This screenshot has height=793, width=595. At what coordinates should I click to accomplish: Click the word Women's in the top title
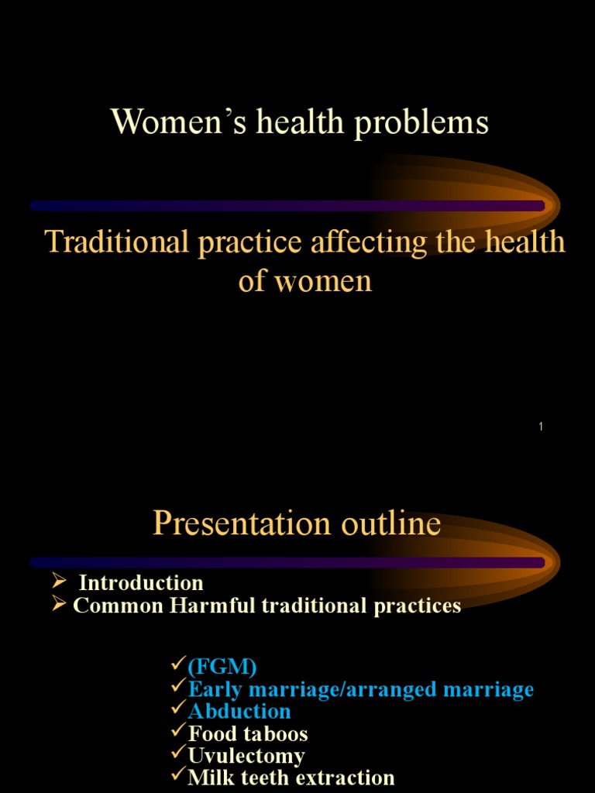(160, 122)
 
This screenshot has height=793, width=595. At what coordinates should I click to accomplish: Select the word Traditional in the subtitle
(117, 242)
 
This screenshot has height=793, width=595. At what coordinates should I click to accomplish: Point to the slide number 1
(541, 427)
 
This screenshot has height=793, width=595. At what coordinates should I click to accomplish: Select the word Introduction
(141, 583)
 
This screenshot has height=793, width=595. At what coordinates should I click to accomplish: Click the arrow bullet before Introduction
(59, 582)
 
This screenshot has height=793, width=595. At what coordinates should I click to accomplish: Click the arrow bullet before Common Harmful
(59, 605)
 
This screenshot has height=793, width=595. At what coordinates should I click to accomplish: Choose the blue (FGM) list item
(222, 667)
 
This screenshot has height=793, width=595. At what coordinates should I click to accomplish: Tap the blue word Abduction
(240, 711)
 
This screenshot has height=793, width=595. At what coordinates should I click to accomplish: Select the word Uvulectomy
(247, 756)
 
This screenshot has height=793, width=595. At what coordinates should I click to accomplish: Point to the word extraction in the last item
(339, 778)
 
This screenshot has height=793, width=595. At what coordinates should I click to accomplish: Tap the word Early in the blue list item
(212, 689)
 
